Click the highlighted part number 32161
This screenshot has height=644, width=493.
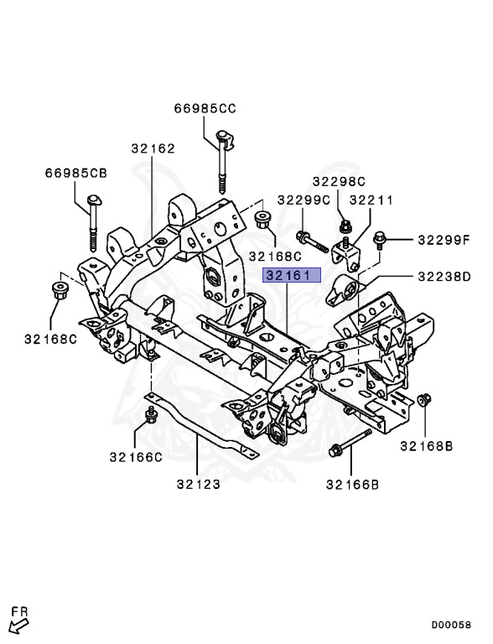click(x=288, y=275)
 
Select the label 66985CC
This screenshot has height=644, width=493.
click(x=205, y=108)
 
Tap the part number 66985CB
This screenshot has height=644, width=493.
click(x=76, y=173)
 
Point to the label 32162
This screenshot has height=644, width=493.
click(x=153, y=148)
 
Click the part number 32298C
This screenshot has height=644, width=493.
click(x=339, y=180)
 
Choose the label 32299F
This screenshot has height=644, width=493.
click(x=445, y=241)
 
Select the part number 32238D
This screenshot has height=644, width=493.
click(x=444, y=276)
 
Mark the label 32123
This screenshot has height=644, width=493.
click(x=199, y=483)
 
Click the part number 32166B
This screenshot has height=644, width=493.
click(x=352, y=484)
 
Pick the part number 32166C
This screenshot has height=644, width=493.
click(x=134, y=457)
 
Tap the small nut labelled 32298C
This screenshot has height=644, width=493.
click(x=345, y=224)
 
